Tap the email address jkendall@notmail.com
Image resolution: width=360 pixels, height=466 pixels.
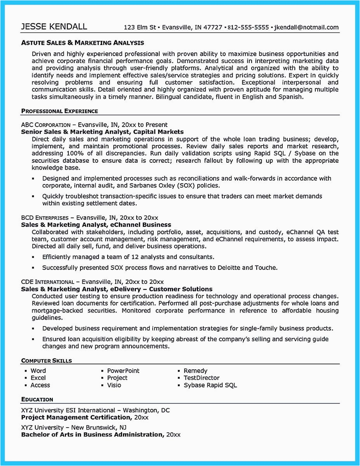point(306,28)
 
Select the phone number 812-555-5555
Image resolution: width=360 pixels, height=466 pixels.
point(249,28)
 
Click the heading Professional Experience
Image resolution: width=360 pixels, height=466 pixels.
point(59,111)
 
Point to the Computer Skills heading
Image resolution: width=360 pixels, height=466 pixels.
point(46,361)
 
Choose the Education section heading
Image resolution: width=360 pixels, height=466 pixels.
point(37,399)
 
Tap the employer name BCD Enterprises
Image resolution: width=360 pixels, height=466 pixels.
point(45,218)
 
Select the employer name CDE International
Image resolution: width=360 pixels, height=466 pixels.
point(47,282)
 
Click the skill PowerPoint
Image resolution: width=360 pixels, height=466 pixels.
point(123,371)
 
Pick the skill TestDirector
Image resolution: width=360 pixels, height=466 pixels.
point(202,378)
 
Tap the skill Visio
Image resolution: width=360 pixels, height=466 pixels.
point(114,385)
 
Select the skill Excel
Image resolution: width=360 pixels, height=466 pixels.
point(38,378)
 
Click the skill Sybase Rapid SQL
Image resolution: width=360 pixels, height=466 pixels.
point(210,385)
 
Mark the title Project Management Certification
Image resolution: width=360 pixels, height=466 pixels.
point(76,417)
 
